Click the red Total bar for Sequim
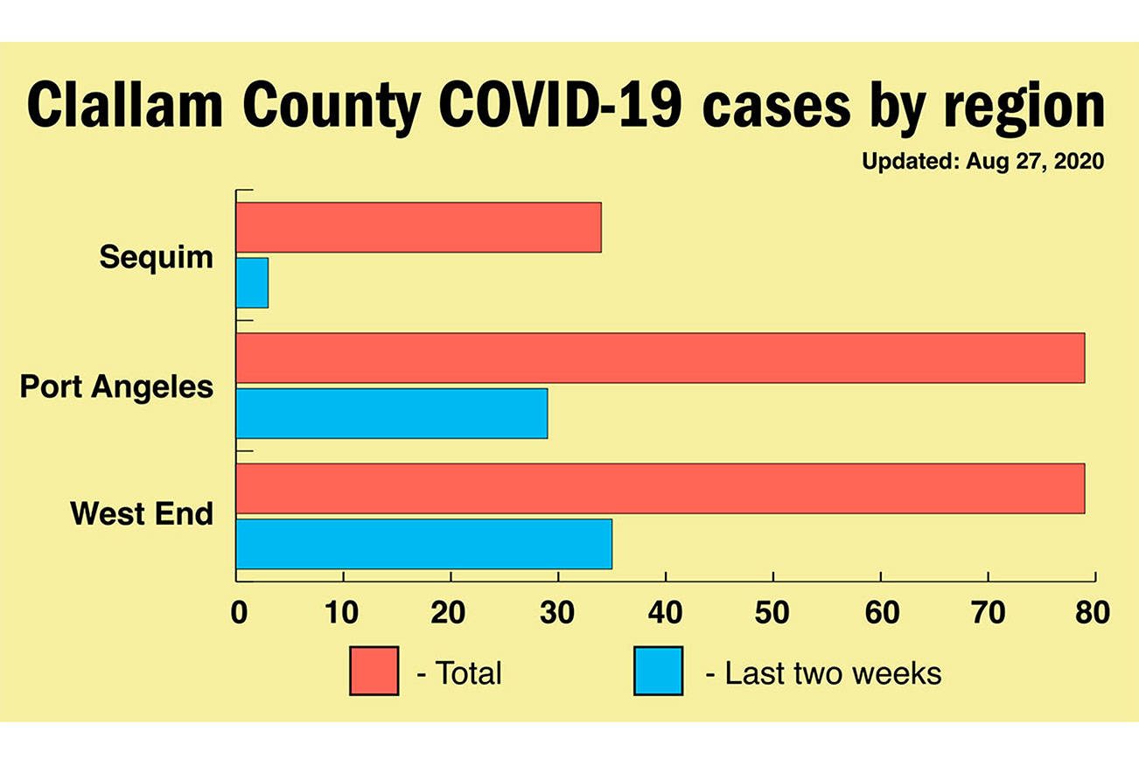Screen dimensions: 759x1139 (x=418, y=227)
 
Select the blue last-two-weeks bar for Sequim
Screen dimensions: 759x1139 (x=252, y=282)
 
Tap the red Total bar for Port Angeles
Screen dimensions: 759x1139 (x=660, y=358)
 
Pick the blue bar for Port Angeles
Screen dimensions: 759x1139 (x=392, y=413)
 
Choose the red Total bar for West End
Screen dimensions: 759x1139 (x=660, y=488)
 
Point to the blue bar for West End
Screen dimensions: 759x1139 (x=423, y=543)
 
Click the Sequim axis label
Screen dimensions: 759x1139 (x=156, y=257)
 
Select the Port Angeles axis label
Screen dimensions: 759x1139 (x=116, y=386)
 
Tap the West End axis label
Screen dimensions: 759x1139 (x=142, y=513)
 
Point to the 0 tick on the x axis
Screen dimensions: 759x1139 (x=238, y=612)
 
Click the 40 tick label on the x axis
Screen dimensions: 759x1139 (x=666, y=612)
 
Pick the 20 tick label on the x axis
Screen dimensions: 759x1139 (x=451, y=612)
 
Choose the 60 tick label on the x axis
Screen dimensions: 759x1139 (x=880, y=612)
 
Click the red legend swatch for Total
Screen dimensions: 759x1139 (x=374, y=671)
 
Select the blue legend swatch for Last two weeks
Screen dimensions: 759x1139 (x=658, y=671)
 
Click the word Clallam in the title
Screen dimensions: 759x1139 (x=124, y=107)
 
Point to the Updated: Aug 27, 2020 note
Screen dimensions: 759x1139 (x=982, y=162)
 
